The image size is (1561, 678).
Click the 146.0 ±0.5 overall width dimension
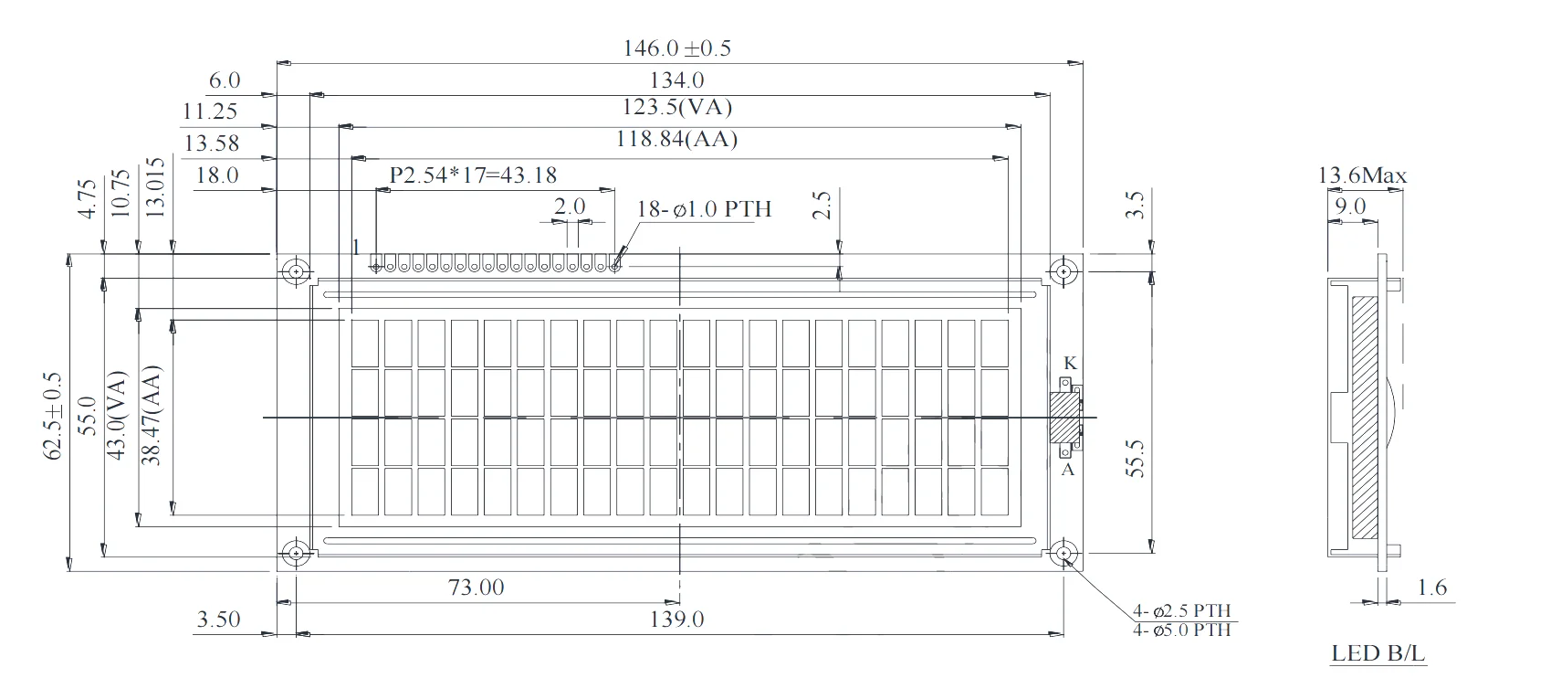click(676, 48)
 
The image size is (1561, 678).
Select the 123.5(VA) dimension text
click(676, 107)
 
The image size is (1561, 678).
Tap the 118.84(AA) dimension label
click(676, 139)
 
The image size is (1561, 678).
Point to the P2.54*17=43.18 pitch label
click(473, 175)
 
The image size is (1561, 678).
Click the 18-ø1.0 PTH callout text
click(704, 208)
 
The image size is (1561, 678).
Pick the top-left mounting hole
click(296, 271)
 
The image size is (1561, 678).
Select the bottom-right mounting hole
click(1063, 554)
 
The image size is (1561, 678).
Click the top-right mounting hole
click(1063, 271)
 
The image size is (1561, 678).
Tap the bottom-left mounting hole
click(296, 554)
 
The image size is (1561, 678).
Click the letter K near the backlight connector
click(1070, 363)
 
